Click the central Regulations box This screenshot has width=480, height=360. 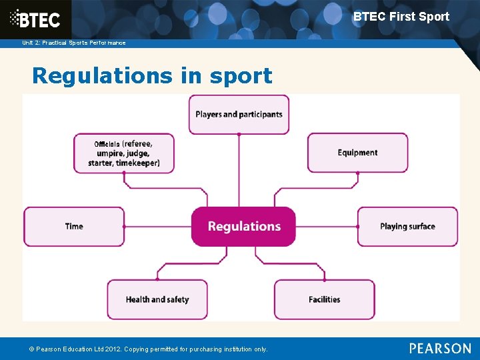tap(243, 227)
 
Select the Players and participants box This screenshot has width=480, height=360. tap(239, 114)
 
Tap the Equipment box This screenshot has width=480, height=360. tap(357, 153)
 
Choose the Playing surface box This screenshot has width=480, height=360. tap(407, 227)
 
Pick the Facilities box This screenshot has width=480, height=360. tap(324, 299)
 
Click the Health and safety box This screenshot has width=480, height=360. tap(157, 299)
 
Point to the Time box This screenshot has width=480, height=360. tap(74, 227)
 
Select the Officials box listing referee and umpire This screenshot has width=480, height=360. tap(124, 153)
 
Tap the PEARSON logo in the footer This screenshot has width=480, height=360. tap(440, 348)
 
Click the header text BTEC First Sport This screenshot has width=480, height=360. tap(401, 17)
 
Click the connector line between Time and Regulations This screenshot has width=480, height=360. tap(157, 227)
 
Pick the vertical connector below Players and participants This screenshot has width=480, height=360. tap(239, 170)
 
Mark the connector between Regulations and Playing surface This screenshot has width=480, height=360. tap(327, 227)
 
